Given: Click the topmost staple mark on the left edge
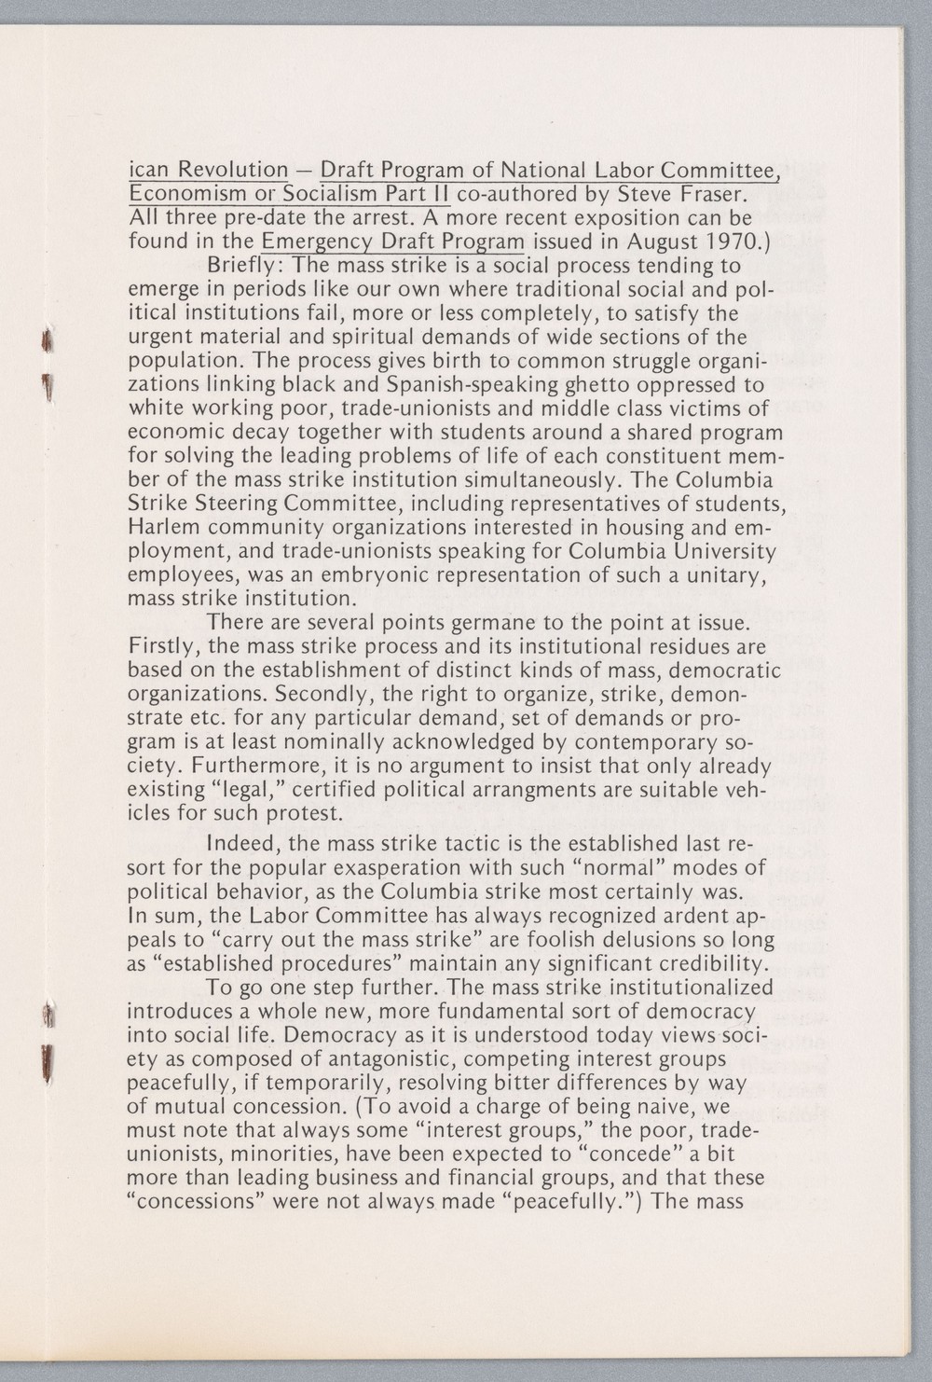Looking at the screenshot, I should point(41,346).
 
